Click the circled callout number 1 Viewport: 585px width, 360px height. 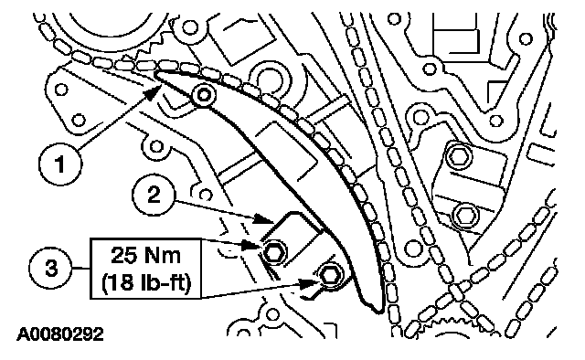pos(59,164)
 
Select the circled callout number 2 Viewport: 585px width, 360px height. pos(154,194)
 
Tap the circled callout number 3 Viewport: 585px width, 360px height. pos(51,269)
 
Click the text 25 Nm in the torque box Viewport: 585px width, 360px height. pos(146,256)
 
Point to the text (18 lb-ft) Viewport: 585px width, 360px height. pos(146,282)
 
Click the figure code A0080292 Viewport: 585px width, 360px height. pos(60,334)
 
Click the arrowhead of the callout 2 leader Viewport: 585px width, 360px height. pos(264,219)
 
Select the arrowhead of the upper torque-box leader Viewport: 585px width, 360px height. pos(250,245)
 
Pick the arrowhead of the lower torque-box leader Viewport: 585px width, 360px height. pos(311,283)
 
